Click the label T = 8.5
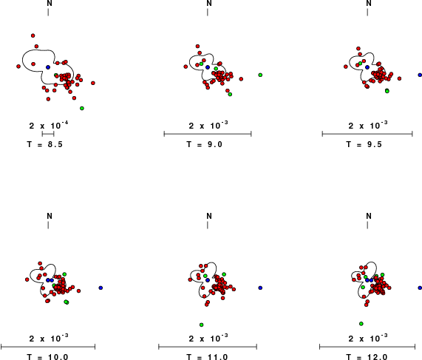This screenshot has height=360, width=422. [45, 144]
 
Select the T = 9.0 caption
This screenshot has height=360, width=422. [205, 144]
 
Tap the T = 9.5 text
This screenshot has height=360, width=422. [364, 144]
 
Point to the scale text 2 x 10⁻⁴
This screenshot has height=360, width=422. [49, 125]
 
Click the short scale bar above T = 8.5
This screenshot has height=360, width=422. [48, 134]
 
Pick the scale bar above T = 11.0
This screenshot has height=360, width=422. [208, 347]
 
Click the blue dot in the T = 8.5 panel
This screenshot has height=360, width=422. [48, 67]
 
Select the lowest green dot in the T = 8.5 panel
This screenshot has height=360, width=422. [82, 108]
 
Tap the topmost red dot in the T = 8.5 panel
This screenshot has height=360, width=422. [33, 35]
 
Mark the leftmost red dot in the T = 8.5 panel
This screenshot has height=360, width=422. [18, 67]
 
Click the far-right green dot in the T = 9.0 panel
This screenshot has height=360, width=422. [260, 75]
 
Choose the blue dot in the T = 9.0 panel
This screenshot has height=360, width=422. [208, 67]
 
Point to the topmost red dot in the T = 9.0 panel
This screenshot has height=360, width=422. [197, 47]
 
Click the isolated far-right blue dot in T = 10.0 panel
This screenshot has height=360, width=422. [101, 288]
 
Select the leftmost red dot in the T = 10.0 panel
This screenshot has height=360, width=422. [27, 279]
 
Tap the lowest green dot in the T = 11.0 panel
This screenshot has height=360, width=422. [201, 325]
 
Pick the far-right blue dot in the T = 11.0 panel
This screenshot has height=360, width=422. [260, 288]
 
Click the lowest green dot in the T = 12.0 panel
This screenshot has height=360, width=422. [361, 324]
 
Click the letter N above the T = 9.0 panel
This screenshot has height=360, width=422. [209, 3]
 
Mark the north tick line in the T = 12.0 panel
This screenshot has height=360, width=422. [367, 225]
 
